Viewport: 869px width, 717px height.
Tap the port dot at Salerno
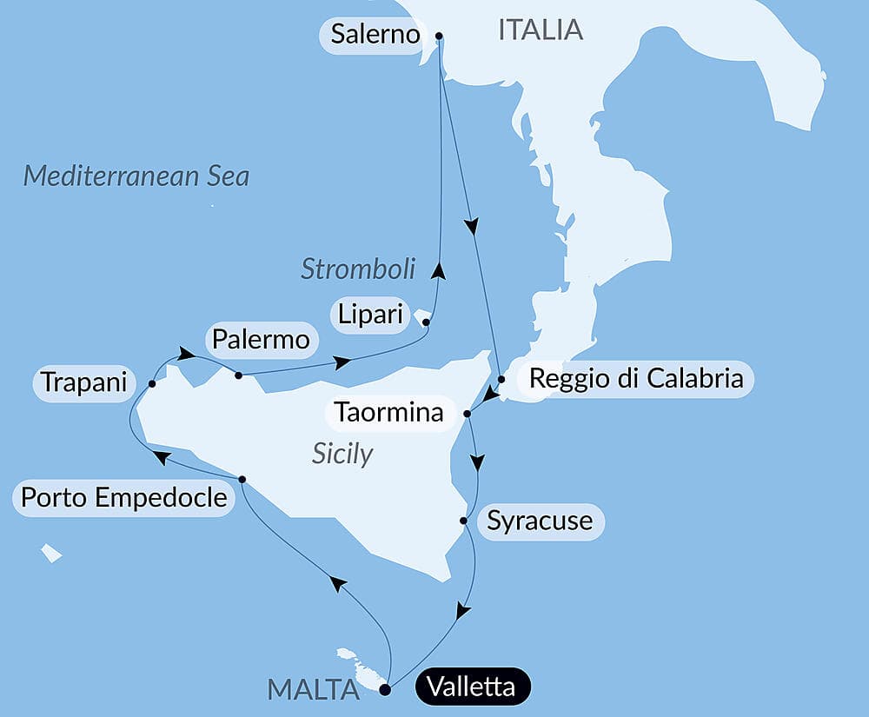[x=439, y=37]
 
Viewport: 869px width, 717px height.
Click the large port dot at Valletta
[x=386, y=691]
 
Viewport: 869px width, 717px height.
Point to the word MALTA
[x=314, y=690]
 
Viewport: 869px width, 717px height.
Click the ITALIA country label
[x=540, y=30]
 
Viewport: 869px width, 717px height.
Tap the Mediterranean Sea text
[x=136, y=176]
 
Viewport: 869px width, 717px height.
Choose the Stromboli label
[x=358, y=269]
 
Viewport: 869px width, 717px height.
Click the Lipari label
[x=371, y=315]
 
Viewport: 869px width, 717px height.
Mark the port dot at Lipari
[x=426, y=323]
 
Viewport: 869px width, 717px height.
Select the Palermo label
[x=259, y=340]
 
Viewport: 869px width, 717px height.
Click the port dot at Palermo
[x=238, y=375]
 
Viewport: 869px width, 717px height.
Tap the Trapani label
[x=83, y=382]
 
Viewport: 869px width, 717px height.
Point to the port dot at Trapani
[x=152, y=383]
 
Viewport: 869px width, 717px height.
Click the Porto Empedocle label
[x=123, y=498]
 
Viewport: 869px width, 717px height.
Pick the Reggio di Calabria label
[x=636, y=379]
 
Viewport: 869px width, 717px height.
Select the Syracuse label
[x=540, y=521]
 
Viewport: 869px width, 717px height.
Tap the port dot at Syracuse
[x=464, y=521]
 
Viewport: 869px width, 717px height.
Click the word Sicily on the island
[x=342, y=453]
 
